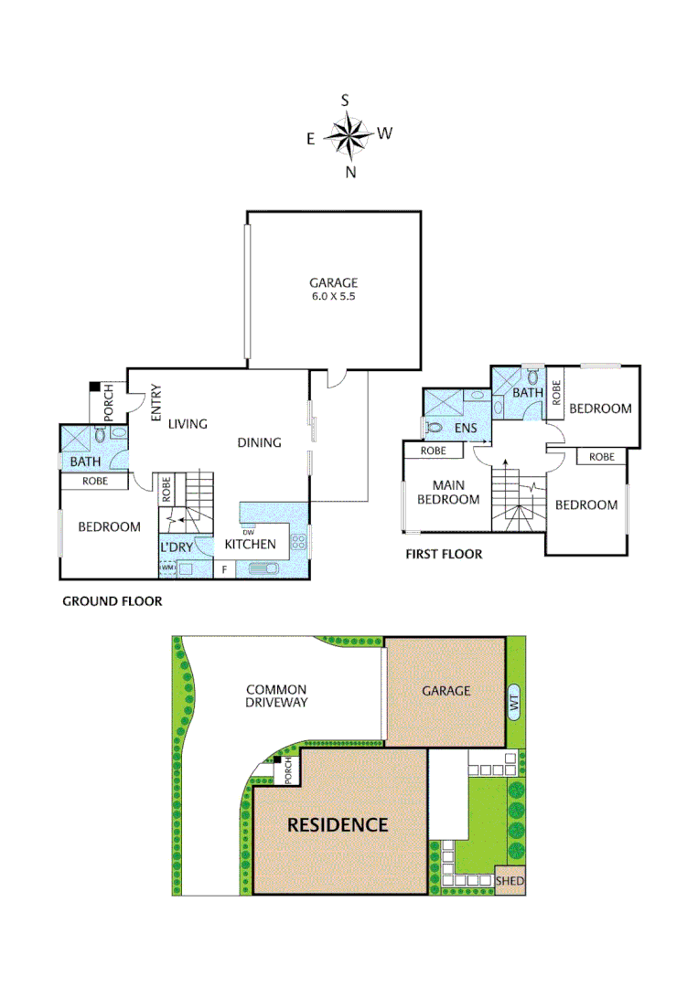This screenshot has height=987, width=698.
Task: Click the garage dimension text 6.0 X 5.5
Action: (333, 297)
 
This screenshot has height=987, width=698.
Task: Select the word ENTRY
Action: (156, 402)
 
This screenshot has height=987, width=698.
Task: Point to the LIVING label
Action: (188, 424)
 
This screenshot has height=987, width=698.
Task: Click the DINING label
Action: (259, 442)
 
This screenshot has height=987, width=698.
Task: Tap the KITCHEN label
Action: (251, 545)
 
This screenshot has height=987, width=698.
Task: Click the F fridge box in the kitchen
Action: (223, 569)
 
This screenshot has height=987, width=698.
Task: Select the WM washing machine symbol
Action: (167, 568)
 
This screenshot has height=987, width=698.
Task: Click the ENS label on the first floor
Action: (467, 427)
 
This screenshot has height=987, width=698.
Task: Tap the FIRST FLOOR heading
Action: (444, 555)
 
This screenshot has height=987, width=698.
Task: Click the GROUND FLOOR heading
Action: (112, 601)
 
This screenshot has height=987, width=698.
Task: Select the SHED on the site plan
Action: (510, 881)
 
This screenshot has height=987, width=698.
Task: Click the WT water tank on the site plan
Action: (513, 702)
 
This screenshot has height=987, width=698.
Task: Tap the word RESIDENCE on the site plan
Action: (338, 824)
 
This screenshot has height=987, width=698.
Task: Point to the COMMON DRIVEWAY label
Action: (276, 695)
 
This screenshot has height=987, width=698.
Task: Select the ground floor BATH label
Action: (85, 462)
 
